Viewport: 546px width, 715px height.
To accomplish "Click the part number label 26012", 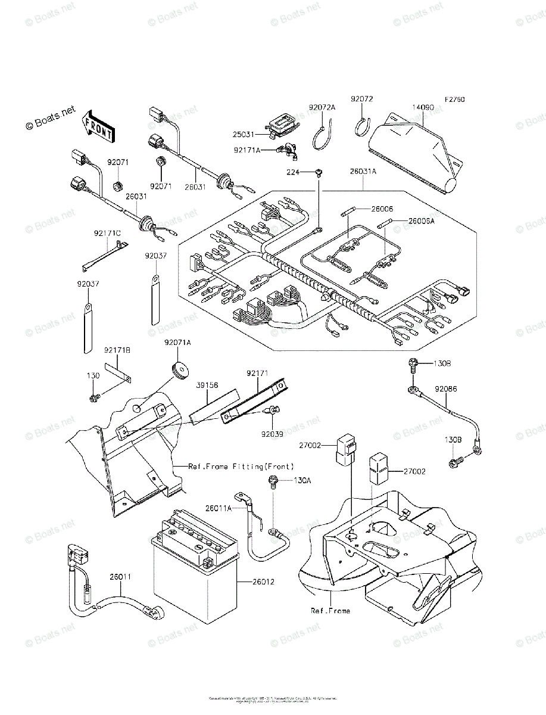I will pos(254,582).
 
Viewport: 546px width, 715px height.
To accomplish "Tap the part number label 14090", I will pos(422,108).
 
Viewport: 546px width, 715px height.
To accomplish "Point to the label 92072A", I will pos(322,107).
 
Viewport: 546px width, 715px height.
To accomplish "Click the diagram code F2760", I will pos(454,100).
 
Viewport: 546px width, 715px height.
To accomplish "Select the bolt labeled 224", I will pos(320,172).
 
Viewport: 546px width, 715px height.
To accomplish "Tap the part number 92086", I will pos(446,389).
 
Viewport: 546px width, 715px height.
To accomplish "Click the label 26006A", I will pos(422,221).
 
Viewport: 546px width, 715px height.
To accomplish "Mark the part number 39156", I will pos(206,386).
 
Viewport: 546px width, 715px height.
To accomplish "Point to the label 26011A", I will pos(219,508).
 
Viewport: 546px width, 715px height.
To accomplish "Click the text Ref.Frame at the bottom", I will pos(330,611).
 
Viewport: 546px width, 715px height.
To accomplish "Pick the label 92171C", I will pos(107,233).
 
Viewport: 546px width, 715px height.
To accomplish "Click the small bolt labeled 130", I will pos(94,397).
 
